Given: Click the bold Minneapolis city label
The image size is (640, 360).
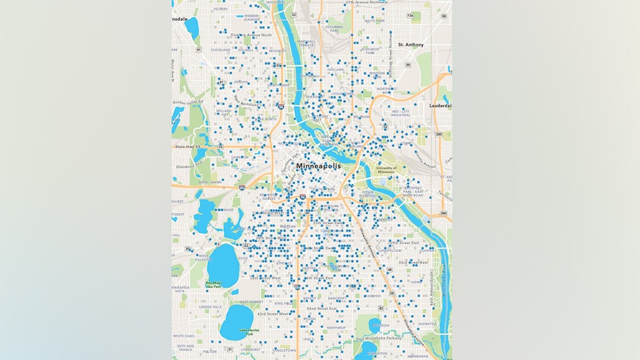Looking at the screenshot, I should click(318, 166).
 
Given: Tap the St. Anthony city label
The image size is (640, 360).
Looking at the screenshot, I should click(411, 45).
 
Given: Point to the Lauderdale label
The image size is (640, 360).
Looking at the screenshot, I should click(441, 106).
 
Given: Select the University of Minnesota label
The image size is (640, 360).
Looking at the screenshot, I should click(386, 170).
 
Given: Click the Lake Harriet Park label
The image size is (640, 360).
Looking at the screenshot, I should click(246, 332).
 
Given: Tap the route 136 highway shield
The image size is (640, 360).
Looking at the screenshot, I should click(410, 15).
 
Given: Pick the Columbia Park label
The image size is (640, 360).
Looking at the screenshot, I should click(334, 28).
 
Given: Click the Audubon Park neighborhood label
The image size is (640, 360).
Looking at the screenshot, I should click(370, 51).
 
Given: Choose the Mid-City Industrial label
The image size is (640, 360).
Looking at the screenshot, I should click(400, 113).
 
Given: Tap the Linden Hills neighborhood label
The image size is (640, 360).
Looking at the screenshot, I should click(210, 307).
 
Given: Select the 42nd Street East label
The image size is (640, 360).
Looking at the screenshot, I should click(321, 308).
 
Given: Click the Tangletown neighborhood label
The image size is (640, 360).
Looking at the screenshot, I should click(284, 350).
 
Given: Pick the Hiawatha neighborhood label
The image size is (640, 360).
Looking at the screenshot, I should click(427, 324).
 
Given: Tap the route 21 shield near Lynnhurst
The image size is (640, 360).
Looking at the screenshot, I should click(229, 349).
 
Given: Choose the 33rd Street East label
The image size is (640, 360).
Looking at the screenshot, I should click(413, 262).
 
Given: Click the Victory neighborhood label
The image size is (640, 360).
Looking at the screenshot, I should click(220, 9).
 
